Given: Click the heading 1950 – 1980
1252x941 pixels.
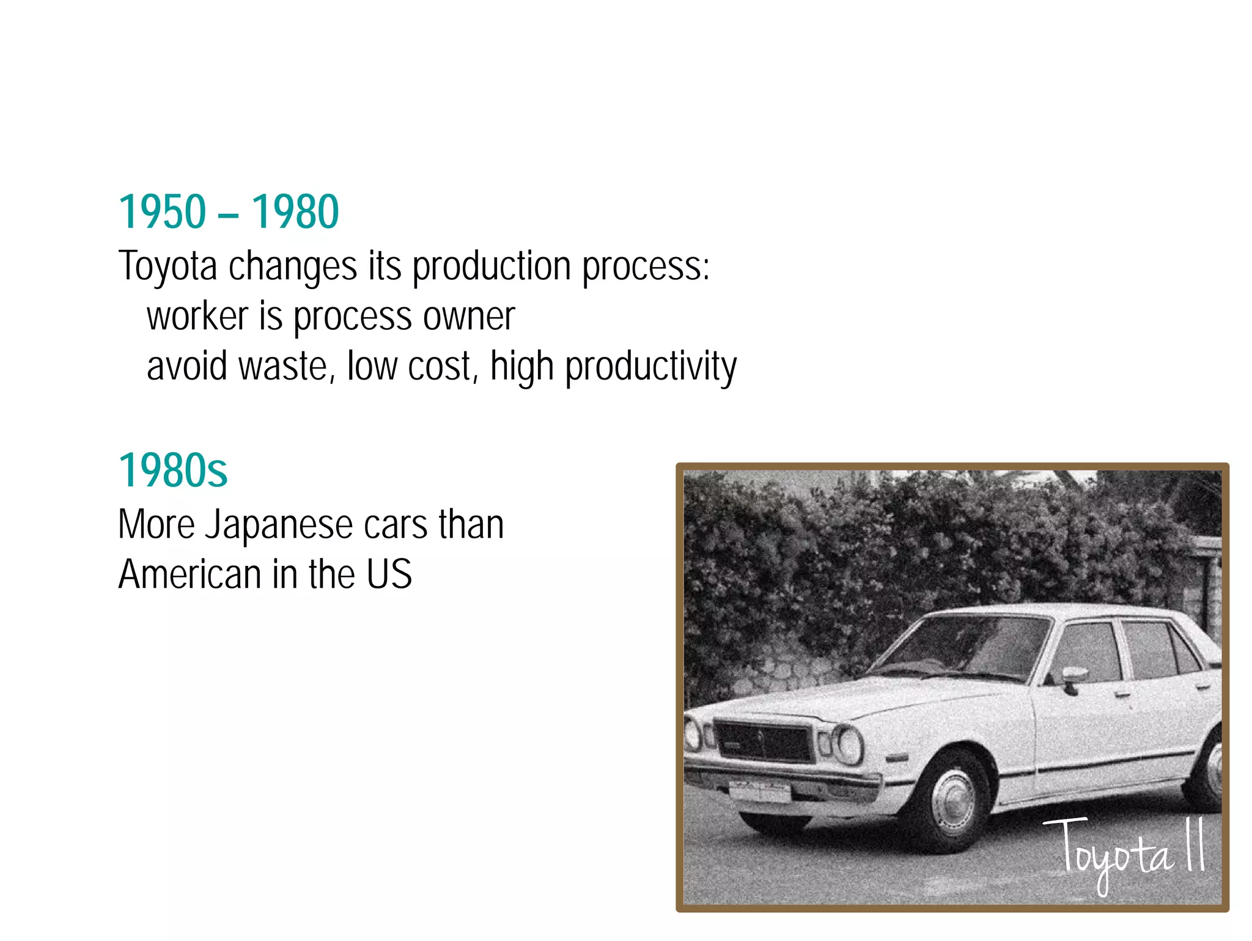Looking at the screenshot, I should pos(228,212).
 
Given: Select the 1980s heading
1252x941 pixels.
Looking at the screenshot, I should pos(172,471).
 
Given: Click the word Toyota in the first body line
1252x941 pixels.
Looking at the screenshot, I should pos(168,267).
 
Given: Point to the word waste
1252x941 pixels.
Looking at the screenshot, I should pos(286,367).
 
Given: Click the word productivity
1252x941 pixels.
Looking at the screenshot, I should pos(650,367).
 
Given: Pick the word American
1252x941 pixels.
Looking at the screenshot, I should pos(190,575).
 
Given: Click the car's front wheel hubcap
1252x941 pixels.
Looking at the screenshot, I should pos(952,800).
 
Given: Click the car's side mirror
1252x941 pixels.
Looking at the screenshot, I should pos(1073,676).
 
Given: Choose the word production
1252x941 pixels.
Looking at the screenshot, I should pos(492,267).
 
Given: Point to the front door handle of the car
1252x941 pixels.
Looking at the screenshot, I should pos(1122,695).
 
